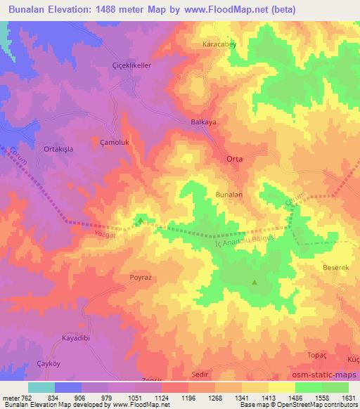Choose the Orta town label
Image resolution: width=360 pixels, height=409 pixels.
click(234, 159)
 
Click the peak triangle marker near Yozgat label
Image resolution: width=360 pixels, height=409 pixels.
click(141, 221)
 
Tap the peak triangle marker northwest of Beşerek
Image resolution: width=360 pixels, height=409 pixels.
click(254, 283)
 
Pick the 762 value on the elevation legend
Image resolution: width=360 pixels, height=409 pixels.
click(25, 398)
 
